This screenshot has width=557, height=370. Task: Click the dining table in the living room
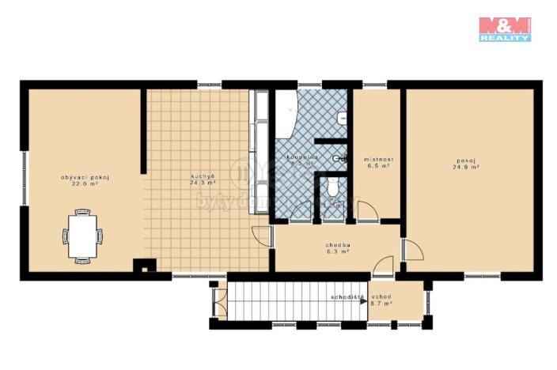[82, 235]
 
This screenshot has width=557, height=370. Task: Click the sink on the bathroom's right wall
[343, 118]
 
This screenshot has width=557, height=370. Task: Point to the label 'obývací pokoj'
[84, 177]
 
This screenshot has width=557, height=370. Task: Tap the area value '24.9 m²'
[466, 168]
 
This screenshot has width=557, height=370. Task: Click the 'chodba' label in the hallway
[338, 246]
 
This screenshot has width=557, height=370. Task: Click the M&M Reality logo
[504, 28]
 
